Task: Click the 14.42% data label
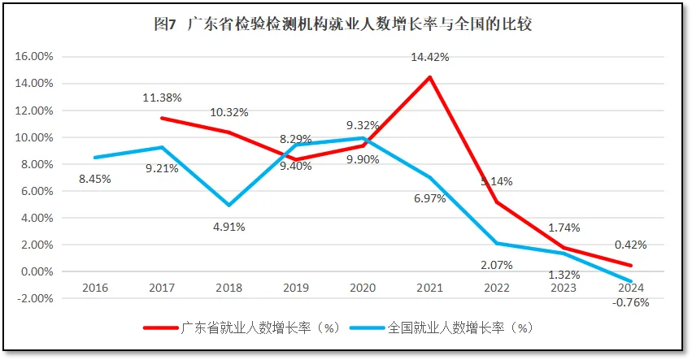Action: point(430,57)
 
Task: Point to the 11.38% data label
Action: point(162,98)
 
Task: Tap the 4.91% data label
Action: point(228,227)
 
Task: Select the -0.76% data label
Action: point(631,304)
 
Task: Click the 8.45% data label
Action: point(94,179)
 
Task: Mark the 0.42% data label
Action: point(631,244)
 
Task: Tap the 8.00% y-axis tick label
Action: point(36,164)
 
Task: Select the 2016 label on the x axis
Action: point(95,288)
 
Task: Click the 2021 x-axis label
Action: point(429,288)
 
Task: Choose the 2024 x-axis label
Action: point(630,288)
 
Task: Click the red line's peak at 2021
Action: point(429,77)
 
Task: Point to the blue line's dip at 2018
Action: point(229,206)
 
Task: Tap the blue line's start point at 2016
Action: point(95,158)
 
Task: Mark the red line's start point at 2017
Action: point(162,118)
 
